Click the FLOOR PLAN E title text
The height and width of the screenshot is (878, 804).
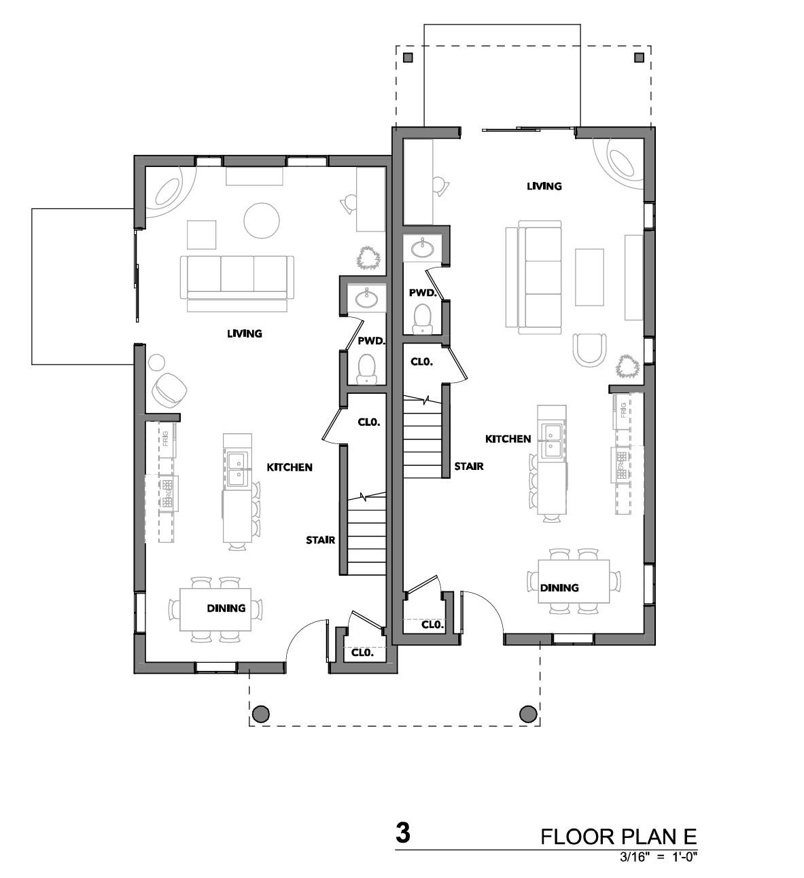click(618, 837)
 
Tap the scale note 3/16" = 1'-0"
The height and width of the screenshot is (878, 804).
click(658, 856)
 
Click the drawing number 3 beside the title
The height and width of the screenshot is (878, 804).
click(403, 833)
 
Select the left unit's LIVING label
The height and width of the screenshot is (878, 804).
click(245, 333)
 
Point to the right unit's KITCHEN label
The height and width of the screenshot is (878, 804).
click(508, 439)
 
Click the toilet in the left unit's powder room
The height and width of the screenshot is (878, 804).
click(366, 369)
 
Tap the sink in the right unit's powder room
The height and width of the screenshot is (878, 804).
click(423, 249)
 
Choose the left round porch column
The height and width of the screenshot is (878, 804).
click(261, 714)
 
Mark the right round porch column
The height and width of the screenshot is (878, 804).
click(528, 714)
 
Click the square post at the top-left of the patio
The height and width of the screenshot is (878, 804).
click(408, 57)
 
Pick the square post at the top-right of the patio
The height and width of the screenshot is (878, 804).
click(640, 57)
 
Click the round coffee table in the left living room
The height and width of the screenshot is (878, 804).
click(262, 220)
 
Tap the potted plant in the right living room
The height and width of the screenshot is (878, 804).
click(627, 366)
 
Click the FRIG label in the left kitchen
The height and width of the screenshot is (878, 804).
click(165, 438)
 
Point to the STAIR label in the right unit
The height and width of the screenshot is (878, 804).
click(469, 466)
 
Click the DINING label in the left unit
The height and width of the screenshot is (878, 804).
click(226, 608)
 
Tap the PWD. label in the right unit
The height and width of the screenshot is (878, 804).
click(423, 293)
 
